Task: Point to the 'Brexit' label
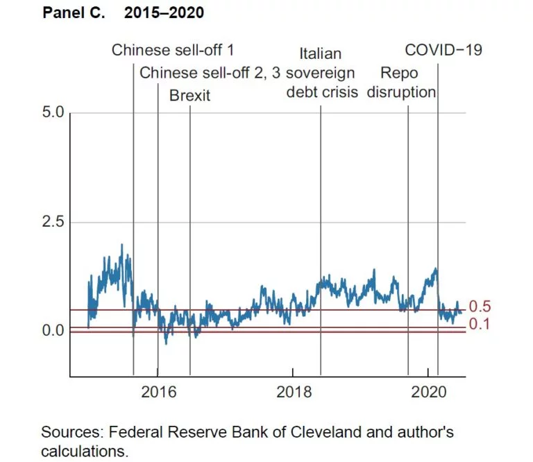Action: click(x=189, y=96)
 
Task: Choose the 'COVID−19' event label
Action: click(x=443, y=50)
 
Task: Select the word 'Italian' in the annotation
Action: click(x=321, y=53)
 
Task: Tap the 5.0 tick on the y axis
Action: click(x=53, y=112)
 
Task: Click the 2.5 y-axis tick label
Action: click(x=53, y=222)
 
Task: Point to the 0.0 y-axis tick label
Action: click(x=53, y=331)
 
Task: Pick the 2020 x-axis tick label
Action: click(x=429, y=391)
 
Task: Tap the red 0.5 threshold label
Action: click(x=480, y=307)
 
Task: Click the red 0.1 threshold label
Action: click(x=480, y=323)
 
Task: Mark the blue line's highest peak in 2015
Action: click(x=122, y=245)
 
